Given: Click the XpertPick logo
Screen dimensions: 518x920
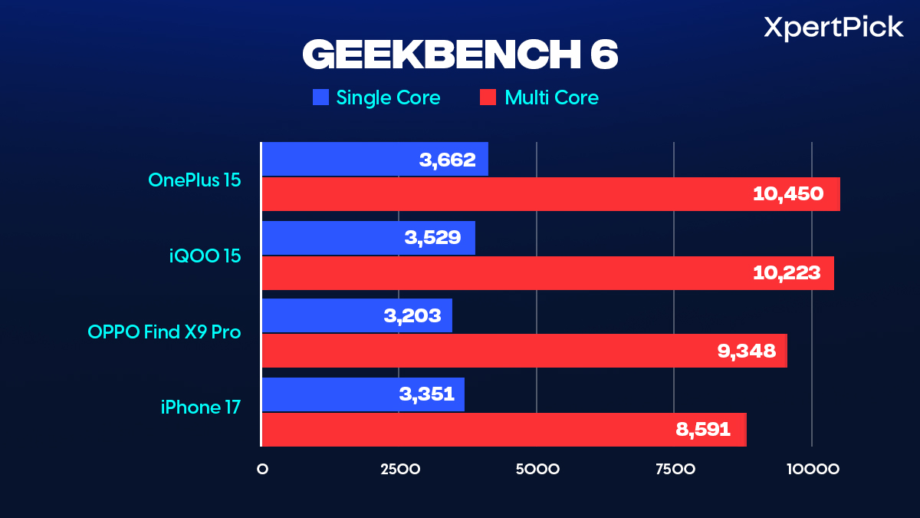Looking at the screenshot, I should (833, 28).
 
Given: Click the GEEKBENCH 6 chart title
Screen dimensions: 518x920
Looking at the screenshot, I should (460, 54).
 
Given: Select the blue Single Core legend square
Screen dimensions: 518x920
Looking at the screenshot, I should (320, 97).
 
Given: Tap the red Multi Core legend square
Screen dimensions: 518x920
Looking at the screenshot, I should (488, 97).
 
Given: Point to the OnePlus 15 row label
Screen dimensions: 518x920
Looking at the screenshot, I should (195, 180).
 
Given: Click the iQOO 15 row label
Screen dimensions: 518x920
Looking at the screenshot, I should (205, 256).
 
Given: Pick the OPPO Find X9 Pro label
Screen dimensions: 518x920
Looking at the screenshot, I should (164, 332).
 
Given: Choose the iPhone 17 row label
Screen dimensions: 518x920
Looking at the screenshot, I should (201, 407).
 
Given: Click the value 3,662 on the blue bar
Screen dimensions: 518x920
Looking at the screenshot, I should (448, 160).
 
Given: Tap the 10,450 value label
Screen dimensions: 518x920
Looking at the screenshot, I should (788, 194).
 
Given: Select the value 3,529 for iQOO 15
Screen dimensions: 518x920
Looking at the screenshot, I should (432, 237).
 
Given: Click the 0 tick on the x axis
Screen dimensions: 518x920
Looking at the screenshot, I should (262, 469).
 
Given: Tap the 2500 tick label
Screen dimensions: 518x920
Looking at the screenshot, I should (399, 469).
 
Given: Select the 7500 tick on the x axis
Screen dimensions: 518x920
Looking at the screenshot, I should (674, 469).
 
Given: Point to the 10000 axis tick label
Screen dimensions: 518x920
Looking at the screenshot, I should (811, 469).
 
